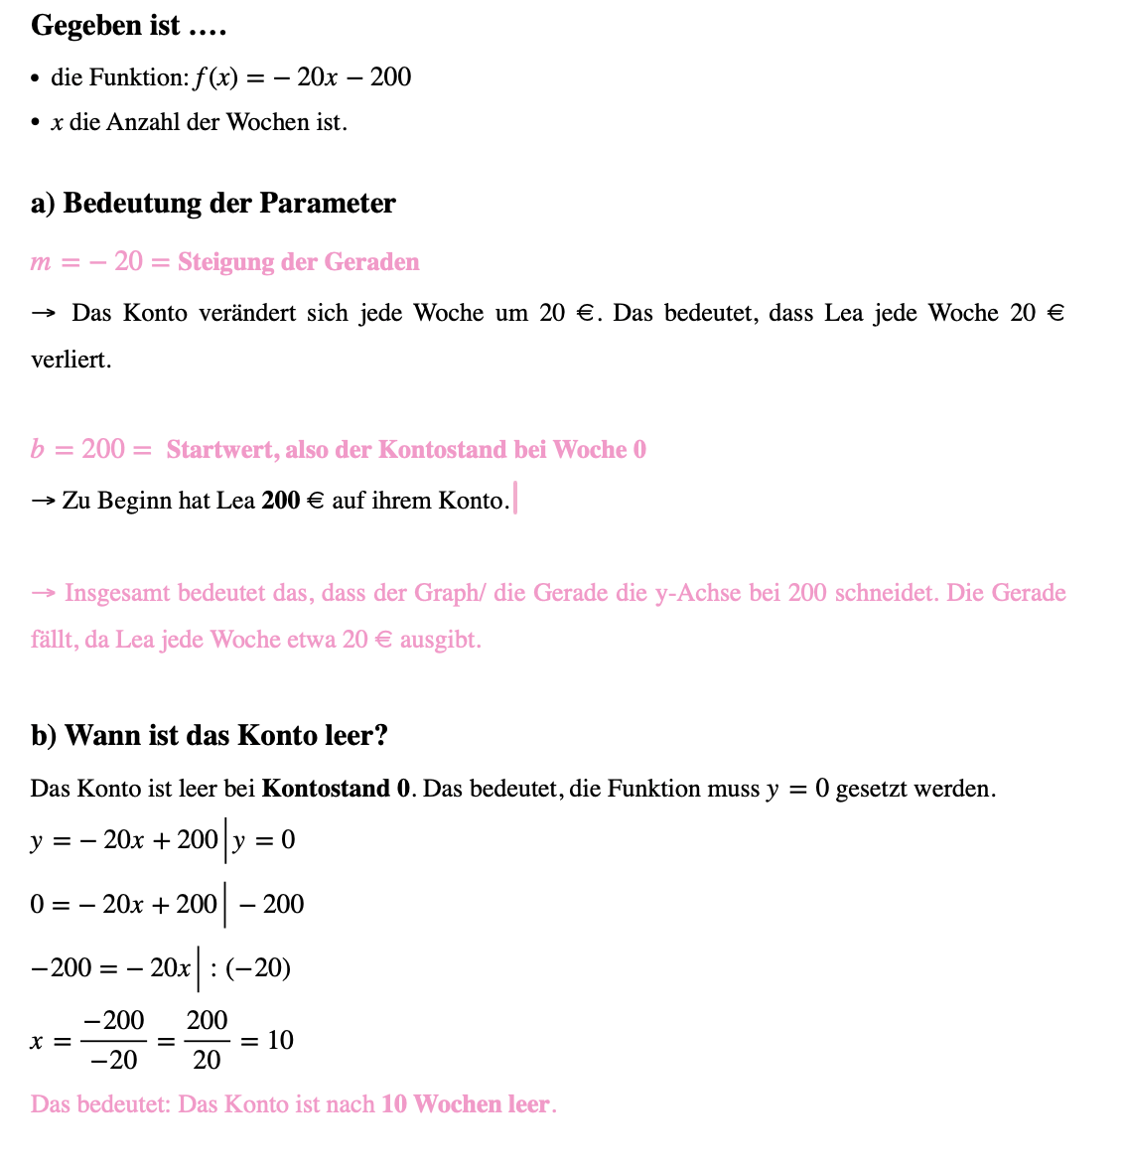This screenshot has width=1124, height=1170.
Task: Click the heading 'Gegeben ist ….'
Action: (x=129, y=26)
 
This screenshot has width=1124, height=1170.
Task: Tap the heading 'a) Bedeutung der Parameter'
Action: (x=212, y=203)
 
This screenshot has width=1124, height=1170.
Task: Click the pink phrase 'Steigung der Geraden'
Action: (x=298, y=262)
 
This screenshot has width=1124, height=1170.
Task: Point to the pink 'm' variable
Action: (x=41, y=262)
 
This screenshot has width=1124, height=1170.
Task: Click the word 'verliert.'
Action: (x=70, y=360)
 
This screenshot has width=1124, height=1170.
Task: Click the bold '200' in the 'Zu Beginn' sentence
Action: (x=280, y=501)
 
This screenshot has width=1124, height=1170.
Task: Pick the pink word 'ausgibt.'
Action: (x=440, y=640)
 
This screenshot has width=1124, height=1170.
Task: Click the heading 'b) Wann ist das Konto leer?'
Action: (x=209, y=736)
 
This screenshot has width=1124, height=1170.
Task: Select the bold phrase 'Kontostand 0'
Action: (x=336, y=789)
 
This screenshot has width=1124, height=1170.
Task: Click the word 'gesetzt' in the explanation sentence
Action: (x=870, y=789)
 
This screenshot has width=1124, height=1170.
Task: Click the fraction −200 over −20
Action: (x=113, y=1040)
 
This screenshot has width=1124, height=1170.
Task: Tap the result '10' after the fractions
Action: (x=280, y=1040)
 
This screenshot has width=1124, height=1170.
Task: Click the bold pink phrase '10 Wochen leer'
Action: (x=465, y=1104)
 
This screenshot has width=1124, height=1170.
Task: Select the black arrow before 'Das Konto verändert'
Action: (x=44, y=314)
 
